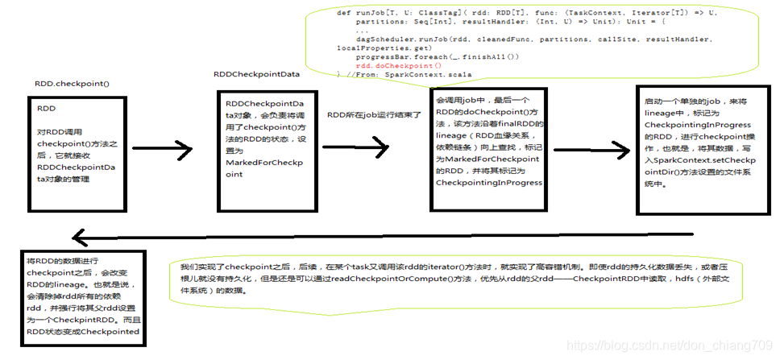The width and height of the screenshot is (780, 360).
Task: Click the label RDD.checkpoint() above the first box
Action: [72, 84]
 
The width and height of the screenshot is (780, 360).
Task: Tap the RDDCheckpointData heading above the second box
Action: [256, 73]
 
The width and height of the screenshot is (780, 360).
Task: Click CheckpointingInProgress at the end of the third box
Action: [488, 183]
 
